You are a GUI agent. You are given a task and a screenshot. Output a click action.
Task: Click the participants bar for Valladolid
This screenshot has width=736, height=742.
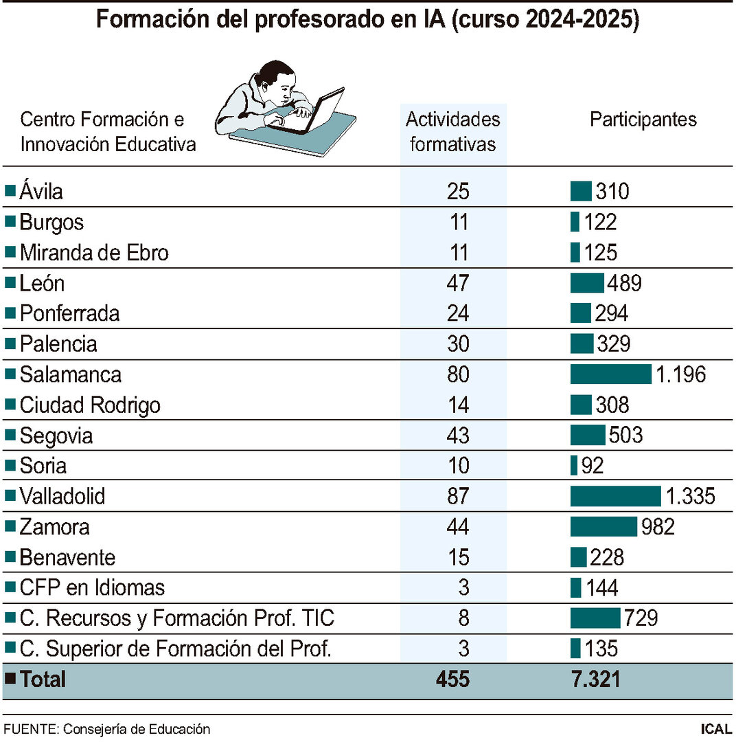615,496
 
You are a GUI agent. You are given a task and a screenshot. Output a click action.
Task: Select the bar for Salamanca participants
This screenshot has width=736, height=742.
610,374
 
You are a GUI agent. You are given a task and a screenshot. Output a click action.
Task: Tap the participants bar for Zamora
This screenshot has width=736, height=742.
603,527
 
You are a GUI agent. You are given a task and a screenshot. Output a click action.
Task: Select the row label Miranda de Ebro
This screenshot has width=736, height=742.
94,253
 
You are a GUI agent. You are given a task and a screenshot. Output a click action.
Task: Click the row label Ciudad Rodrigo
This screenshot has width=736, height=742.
90,405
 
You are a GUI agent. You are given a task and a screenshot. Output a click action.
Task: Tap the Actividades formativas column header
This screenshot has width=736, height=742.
453,132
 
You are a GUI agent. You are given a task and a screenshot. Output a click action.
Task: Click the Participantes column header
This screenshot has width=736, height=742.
643,120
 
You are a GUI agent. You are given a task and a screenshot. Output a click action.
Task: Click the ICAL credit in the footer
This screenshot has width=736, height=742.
715,729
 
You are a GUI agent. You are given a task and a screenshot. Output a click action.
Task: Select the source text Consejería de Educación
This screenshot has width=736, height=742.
137,729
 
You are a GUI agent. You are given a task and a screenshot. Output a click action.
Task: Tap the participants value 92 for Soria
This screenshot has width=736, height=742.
592,466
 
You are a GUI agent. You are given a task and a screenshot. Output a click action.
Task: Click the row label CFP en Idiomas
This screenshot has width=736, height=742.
92,588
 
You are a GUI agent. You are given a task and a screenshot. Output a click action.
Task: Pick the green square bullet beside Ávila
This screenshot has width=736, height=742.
10,191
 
